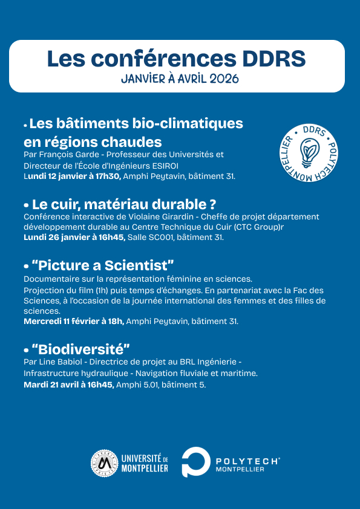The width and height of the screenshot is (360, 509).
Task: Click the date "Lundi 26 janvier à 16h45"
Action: coord(74,238)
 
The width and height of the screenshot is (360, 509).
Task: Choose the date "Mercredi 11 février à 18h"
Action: coord(74,321)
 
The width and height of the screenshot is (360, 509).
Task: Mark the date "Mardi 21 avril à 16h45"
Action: coord(68,384)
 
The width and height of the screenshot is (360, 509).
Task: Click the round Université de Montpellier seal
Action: coord(103,463)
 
